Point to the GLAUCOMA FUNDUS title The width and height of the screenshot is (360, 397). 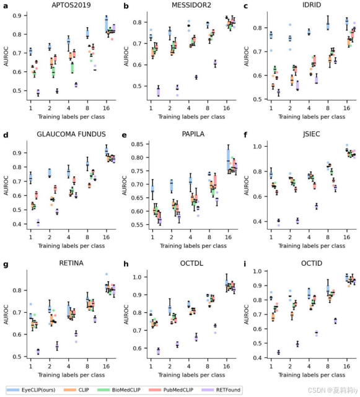(71, 134)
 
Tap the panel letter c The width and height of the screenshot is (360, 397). (247, 6)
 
